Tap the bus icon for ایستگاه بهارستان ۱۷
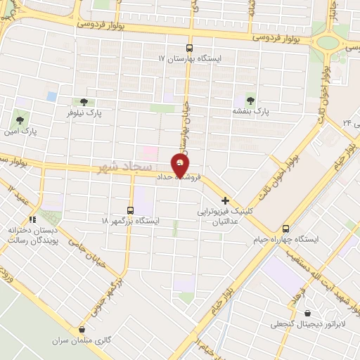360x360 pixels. (189, 49)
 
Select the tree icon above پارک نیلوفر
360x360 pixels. (84, 101)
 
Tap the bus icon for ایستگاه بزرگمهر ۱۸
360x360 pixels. (130, 210)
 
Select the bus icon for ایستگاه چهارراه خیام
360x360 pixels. (285, 229)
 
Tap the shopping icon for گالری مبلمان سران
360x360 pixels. (84, 329)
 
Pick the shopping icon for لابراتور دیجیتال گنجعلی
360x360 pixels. (307, 313)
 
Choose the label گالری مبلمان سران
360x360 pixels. (79, 341)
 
